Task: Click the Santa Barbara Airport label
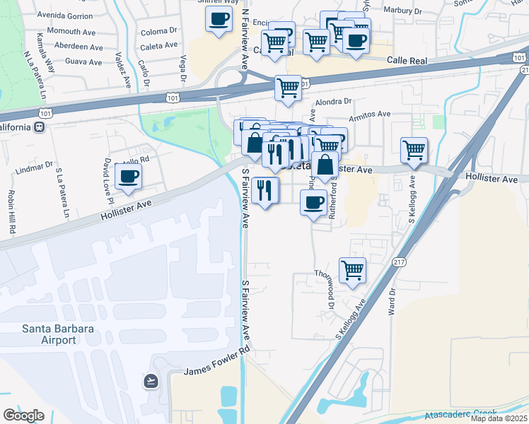click(x=49, y=334)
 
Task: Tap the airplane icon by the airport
click(x=150, y=381)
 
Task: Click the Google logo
click(x=23, y=416)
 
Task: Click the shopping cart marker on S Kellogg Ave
click(x=414, y=149)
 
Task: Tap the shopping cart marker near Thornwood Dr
click(x=352, y=269)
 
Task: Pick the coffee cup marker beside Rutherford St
click(x=313, y=203)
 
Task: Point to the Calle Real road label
click(x=407, y=61)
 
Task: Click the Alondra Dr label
click(x=332, y=101)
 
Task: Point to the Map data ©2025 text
click(x=499, y=418)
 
